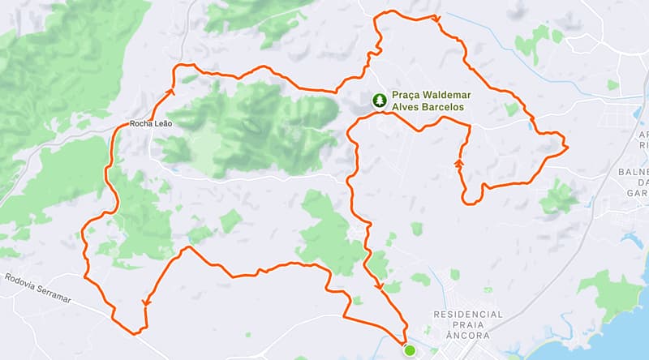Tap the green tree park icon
379,101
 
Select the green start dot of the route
410,350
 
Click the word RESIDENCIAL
468,314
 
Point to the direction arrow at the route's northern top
437,19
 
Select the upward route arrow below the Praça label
459,162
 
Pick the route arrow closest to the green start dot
379,285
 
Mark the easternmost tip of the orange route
566,147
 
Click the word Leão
162,125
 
